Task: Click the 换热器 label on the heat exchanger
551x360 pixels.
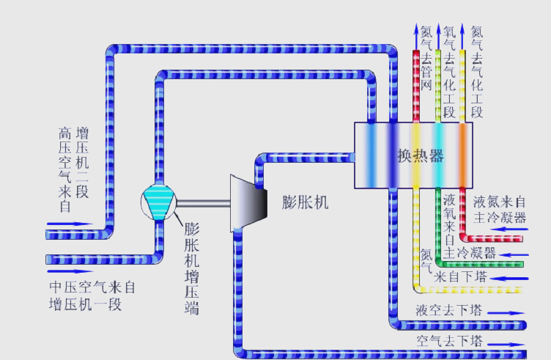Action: (x=421, y=155)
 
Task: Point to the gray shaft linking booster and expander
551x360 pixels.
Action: (x=204, y=203)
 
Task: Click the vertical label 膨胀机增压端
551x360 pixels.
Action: (x=192, y=268)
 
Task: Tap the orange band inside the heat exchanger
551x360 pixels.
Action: (x=462, y=154)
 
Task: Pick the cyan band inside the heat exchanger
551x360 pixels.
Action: (x=439, y=154)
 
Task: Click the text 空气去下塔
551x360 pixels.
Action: (x=449, y=341)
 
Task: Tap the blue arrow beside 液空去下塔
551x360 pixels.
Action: (x=506, y=312)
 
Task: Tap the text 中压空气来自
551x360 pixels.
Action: (x=92, y=287)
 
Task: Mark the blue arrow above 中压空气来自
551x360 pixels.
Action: (x=70, y=223)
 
